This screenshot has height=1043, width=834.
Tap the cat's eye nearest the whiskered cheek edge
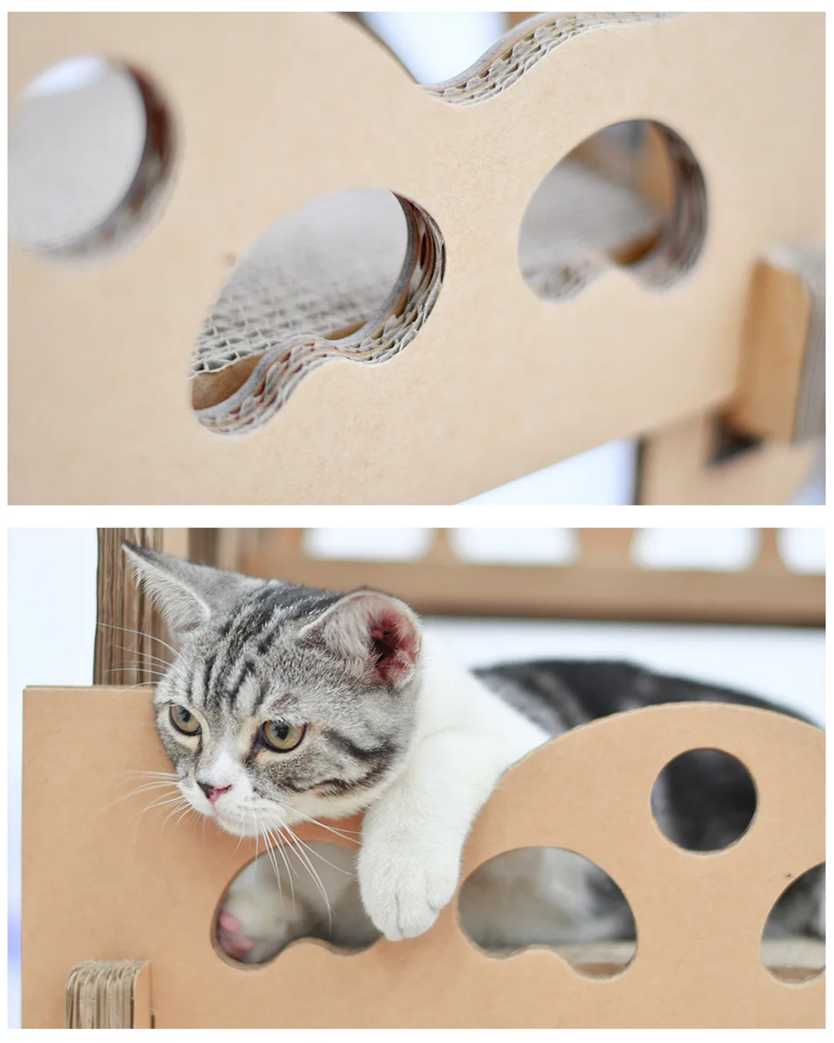(x=184, y=718)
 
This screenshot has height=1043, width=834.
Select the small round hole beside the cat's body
(x=703, y=799)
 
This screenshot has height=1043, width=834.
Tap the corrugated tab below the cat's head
(x=108, y=993)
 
